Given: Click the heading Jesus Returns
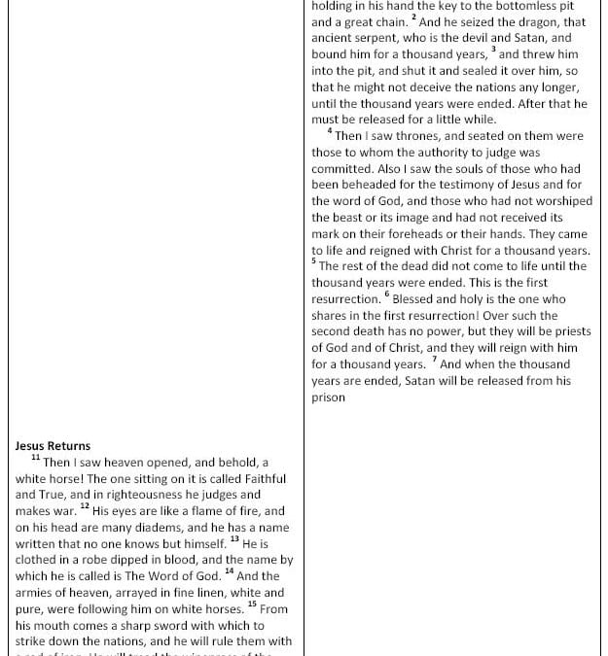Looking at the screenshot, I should pos(53,446).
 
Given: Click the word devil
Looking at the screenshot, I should pos(479,39).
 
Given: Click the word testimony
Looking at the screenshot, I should pos(468,185).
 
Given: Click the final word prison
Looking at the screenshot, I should pos(328,397).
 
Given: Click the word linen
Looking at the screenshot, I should pos(207,593).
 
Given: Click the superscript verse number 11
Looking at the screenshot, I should pos(36,458).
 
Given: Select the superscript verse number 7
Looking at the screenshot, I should pos(434,360).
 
